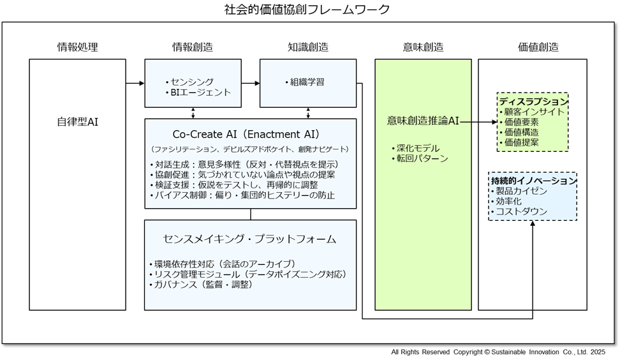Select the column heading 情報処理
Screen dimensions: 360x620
pos(78,47)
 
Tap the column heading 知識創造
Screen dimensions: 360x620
pos(308,47)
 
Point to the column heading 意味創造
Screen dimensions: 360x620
pos(423,47)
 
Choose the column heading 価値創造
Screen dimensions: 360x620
pos(538,47)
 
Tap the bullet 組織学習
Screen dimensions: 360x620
pos(307,82)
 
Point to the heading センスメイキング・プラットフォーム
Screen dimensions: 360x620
pos(249,239)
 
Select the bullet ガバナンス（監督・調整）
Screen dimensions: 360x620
pos(202,285)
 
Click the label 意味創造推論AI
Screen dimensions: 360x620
pos(423,121)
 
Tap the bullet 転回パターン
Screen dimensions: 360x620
pos(420,158)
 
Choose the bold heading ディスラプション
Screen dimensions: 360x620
pos(533,101)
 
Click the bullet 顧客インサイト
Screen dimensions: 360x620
pos(535,112)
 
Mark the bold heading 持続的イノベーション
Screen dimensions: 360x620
pos(533,181)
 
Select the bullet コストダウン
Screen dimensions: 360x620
pos(522,211)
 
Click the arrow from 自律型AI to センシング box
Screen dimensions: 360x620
pos(135,83)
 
